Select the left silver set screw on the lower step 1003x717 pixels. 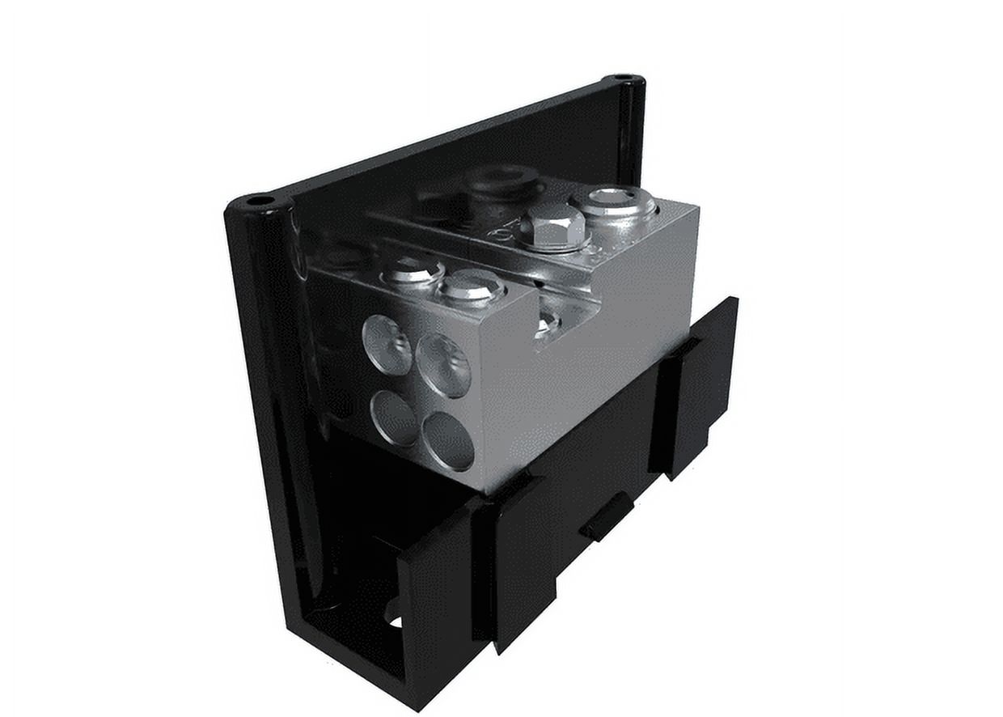click(413, 269)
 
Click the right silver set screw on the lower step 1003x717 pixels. click(472, 285)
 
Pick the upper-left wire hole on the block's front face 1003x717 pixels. click(387, 345)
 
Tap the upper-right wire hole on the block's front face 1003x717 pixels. click(443, 365)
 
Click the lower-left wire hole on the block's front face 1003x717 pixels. click(394, 418)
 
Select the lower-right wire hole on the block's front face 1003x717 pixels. click(447, 441)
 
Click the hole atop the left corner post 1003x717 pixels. click(260, 200)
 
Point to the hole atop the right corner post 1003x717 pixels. click(623, 78)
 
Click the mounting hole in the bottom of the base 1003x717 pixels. click(396, 622)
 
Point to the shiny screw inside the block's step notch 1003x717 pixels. click(548, 322)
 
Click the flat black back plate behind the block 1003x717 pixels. click(453, 154)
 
